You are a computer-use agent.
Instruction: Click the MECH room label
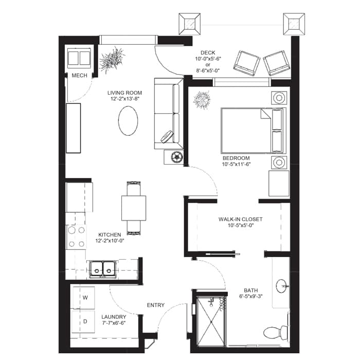(79, 76)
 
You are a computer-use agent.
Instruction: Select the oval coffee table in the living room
(128, 121)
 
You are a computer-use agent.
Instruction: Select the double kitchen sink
(102, 268)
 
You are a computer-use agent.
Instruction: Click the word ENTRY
(155, 305)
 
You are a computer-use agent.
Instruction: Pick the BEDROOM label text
(236, 158)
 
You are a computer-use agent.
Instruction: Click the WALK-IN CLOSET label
(240, 219)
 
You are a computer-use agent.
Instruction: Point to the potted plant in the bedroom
(202, 99)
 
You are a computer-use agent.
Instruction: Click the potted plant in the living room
(113, 60)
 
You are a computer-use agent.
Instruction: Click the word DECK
(207, 52)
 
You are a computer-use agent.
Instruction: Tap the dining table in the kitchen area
(133, 207)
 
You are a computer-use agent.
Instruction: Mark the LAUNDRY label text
(114, 317)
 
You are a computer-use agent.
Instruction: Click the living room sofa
(168, 114)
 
